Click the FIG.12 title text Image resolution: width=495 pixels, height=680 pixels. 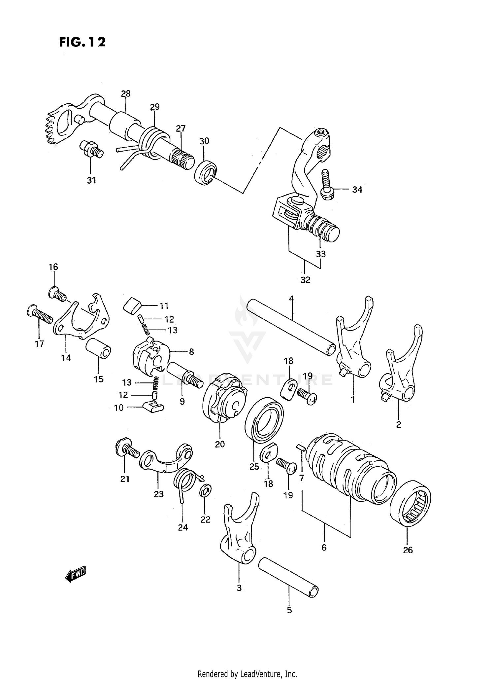82,42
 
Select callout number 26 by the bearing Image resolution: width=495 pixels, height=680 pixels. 408,550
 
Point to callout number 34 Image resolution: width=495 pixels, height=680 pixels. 357,190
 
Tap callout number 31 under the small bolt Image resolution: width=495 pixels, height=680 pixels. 91,180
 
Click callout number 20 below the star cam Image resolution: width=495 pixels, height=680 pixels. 220,444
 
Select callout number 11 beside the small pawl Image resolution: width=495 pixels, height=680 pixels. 164,306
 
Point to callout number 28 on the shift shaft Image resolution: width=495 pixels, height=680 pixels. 126,94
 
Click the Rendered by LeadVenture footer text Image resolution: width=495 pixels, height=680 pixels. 247,674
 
